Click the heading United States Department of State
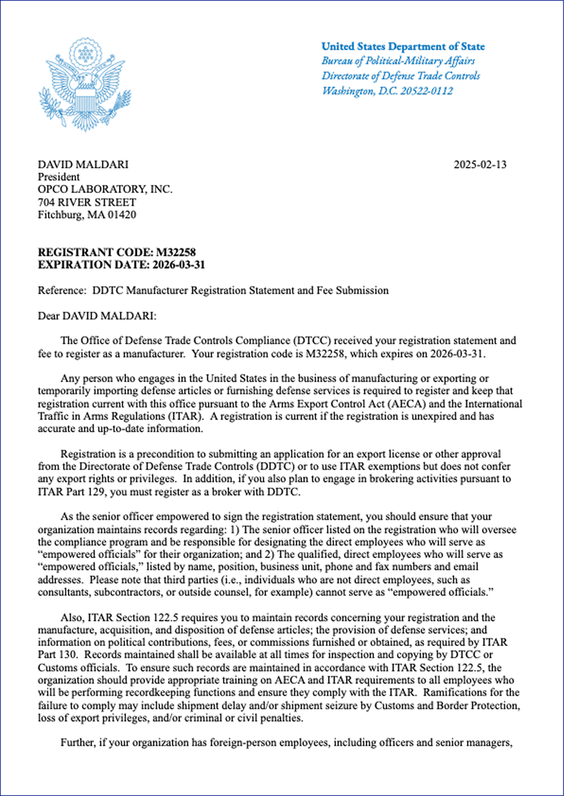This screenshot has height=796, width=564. point(403,47)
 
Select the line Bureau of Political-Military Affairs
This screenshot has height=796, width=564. point(398,61)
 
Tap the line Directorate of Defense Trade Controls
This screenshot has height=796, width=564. point(401,76)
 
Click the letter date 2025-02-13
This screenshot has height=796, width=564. point(480,165)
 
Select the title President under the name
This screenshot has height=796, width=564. point(58,177)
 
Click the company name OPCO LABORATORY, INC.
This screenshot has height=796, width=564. point(105,189)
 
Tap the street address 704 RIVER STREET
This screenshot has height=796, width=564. point(87,202)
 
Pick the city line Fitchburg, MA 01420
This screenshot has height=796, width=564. point(87,215)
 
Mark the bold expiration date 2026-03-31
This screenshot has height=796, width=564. point(178,265)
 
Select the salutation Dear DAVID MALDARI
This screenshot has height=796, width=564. point(97,316)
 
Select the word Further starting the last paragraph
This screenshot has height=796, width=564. point(77,743)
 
